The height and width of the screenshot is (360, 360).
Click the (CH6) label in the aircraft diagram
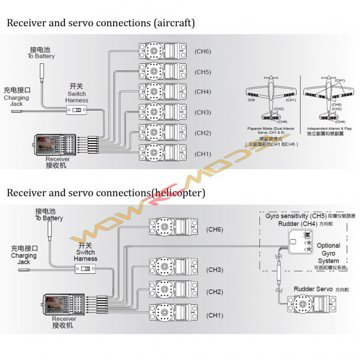coord(203,51)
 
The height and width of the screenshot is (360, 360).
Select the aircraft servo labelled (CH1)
coord(162,153)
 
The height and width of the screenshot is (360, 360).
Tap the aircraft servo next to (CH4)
coord(162,92)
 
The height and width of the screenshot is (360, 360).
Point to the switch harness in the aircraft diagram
coord(77,110)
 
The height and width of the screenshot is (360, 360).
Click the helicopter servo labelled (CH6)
coord(173,228)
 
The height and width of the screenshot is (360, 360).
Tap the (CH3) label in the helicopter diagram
coord(215,270)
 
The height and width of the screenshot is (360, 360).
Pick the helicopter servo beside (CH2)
coord(173,292)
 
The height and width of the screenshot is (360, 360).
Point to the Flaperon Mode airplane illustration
coord(272,100)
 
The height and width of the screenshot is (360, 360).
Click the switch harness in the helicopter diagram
coord(86,269)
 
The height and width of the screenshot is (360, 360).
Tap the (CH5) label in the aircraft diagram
coord(203,72)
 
